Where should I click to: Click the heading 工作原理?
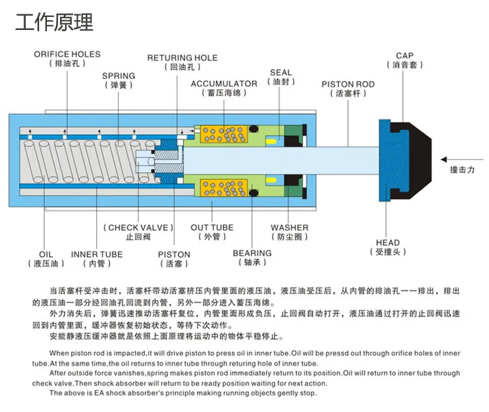[54, 22]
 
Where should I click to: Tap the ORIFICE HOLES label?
[67, 55]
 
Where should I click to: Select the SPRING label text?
[119, 76]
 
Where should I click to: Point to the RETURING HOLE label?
[183, 58]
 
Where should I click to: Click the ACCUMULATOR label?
[224, 84]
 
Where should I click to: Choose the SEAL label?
[281, 72]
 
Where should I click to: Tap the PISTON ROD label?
[348, 84]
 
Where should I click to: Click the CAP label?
[405, 56]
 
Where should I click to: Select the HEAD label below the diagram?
[388, 243]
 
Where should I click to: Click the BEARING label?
[252, 253]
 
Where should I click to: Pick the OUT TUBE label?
[212, 228]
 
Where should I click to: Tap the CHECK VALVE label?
[138, 228]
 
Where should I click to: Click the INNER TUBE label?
[96, 254]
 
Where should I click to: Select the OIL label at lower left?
[46, 254]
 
